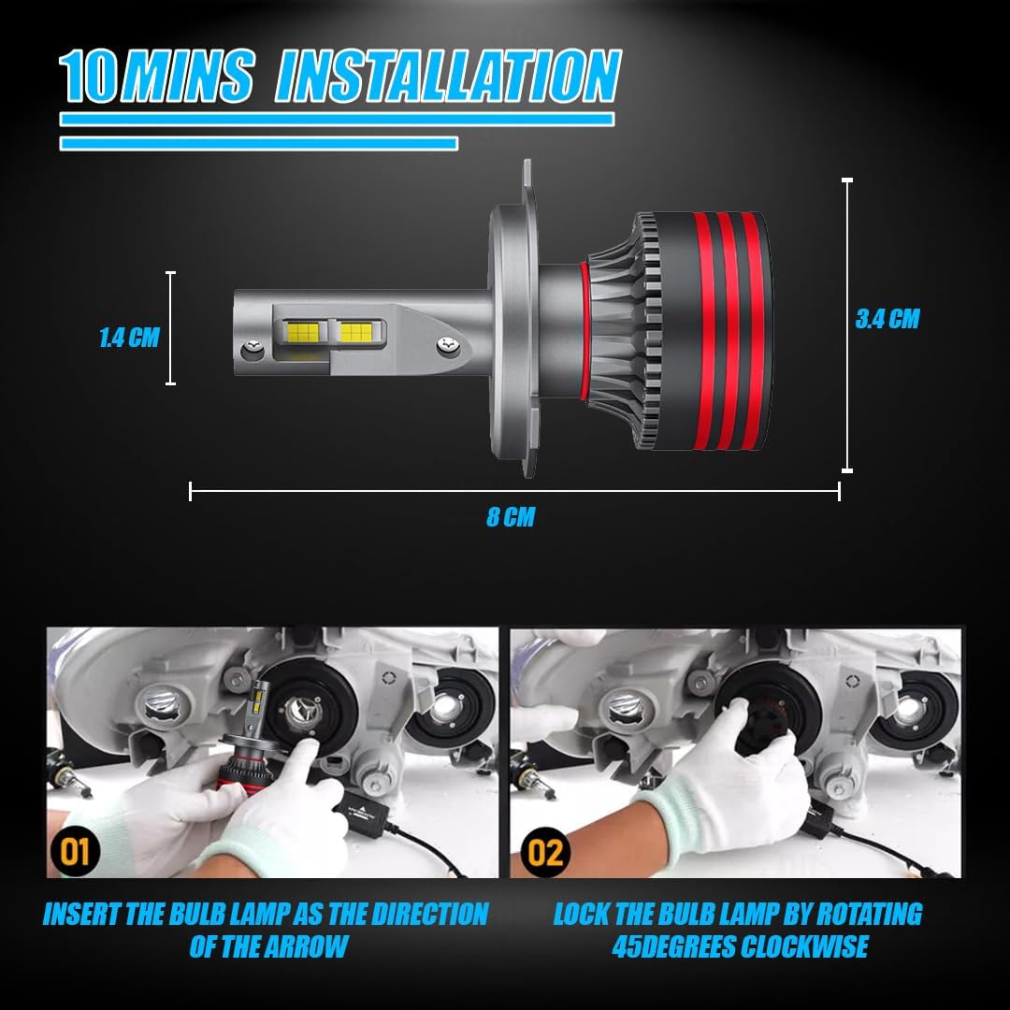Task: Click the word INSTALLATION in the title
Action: pos(448,76)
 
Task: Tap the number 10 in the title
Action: pos(89,76)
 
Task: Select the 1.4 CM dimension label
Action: pos(129,338)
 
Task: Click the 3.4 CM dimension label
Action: pos(887,319)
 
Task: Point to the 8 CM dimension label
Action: pos(511,516)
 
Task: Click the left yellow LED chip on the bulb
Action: pos(304,332)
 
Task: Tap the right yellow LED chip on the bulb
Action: pos(355,332)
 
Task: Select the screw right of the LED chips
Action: pos(448,345)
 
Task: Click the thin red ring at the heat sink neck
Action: pos(584,330)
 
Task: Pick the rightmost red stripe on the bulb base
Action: pos(755,331)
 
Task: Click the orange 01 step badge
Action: pos(75,852)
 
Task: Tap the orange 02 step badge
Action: pos(545,852)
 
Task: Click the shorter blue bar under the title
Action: pos(259,143)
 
